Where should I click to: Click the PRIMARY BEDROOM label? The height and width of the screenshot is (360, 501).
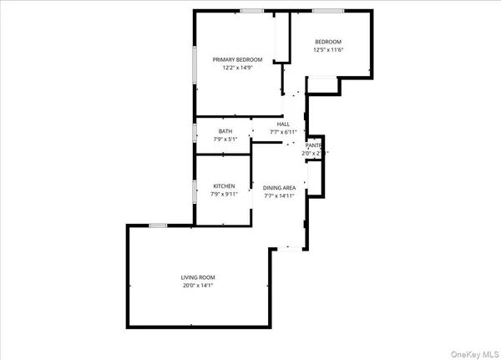coord(237,59)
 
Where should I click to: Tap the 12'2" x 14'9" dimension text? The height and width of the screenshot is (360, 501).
coord(237,68)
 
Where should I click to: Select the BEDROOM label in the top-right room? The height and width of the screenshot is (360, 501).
coord(328,42)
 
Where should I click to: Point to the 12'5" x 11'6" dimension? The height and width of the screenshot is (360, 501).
coord(328,50)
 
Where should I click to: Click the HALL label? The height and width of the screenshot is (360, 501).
coord(283,124)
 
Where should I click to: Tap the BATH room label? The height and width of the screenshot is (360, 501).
coord(225,131)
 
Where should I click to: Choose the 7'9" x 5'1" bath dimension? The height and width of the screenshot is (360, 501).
coord(225,139)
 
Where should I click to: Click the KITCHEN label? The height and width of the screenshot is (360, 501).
coord(224,186)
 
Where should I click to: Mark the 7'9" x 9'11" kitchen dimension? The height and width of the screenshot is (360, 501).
coord(224,195)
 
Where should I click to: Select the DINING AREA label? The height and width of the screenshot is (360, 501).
coord(280,188)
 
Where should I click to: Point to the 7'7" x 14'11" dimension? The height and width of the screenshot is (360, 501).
coord(280,196)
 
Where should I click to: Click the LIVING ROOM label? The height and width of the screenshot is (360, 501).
coord(198,277)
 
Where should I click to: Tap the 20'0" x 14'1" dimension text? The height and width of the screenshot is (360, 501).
coord(198,286)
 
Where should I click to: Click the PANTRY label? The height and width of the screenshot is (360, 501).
coord(314,145)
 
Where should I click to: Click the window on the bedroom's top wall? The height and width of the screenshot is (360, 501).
coord(328,11)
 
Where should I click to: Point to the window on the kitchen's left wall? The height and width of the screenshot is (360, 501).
coord(195,192)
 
